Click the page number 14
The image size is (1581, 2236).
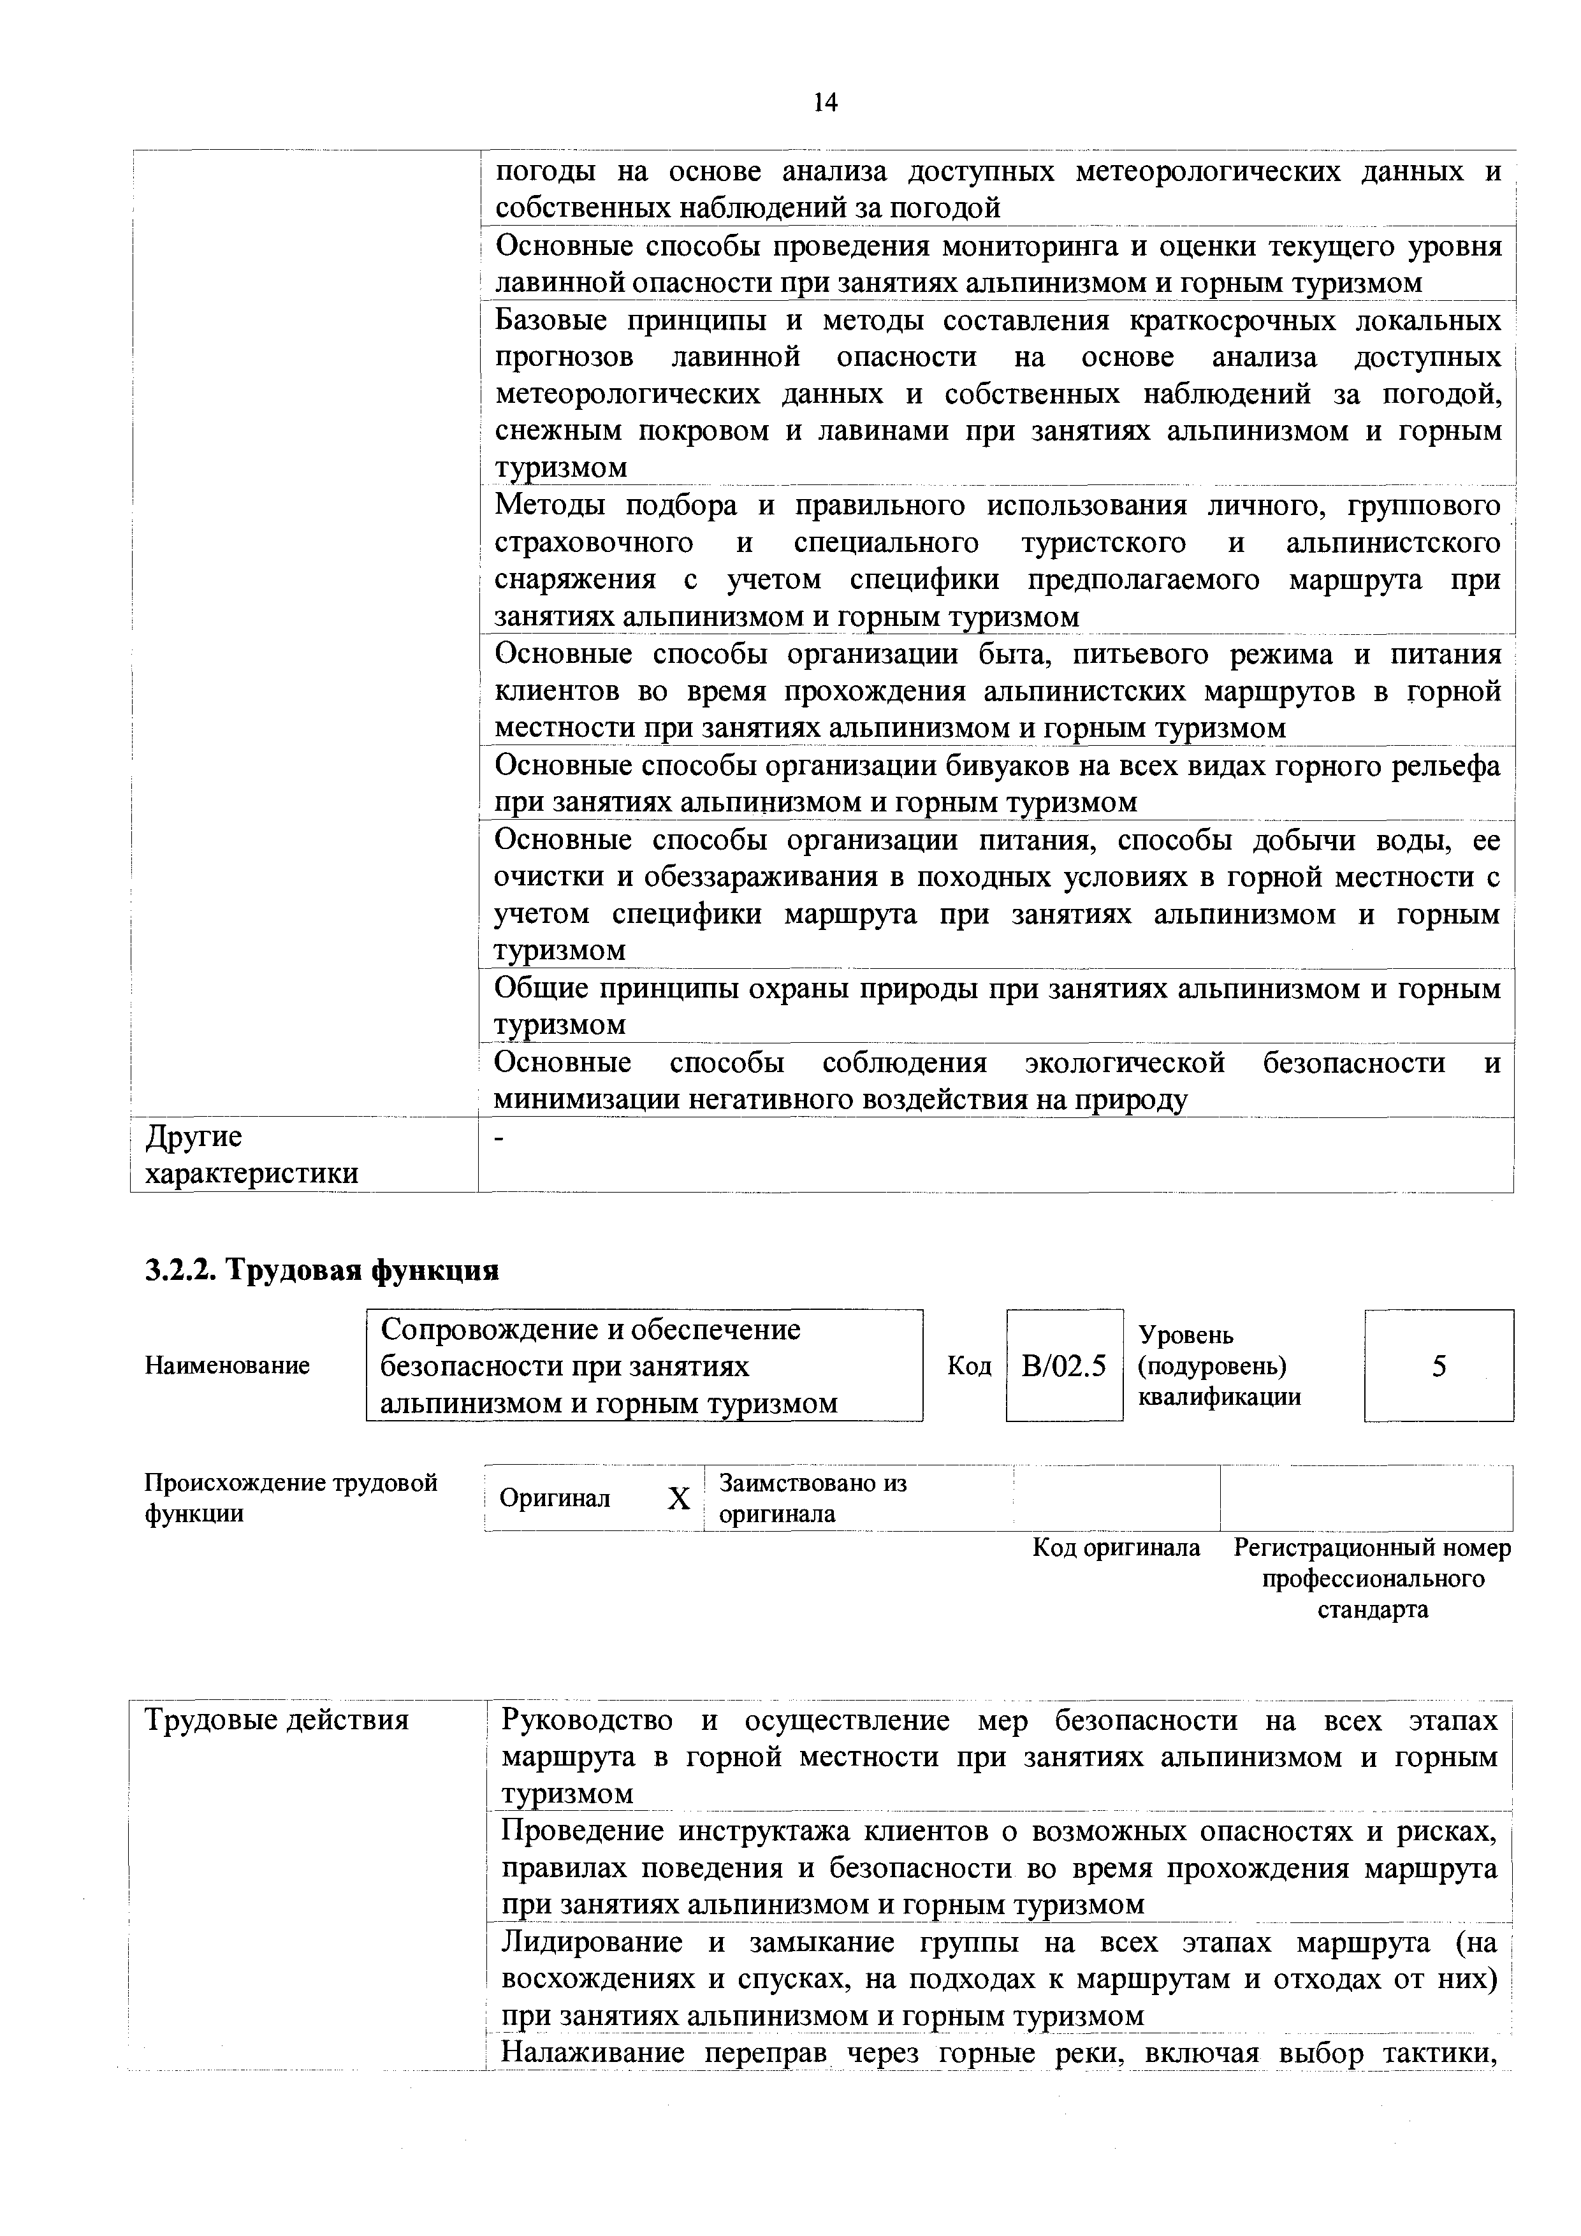pos(825,102)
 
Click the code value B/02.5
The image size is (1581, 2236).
pos(1064,1367)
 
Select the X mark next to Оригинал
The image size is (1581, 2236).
pos(679,1499)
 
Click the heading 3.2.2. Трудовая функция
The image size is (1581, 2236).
pos(321,1271)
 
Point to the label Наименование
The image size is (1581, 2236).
pos(227,1365)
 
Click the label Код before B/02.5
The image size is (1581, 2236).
pos(968,1367)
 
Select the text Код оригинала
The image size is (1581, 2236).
pos(1116,1548)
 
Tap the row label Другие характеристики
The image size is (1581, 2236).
pos(251,1155)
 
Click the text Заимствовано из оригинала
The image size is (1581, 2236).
pos(812,1498)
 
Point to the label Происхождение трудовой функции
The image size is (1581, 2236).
pos(290,1498)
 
